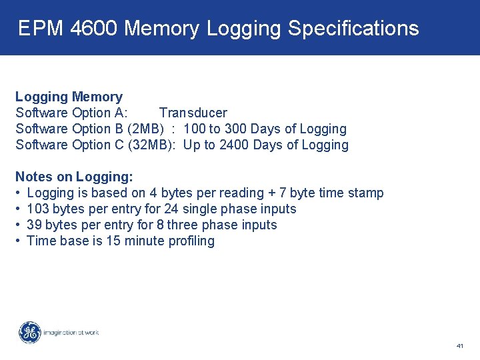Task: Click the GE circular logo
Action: click(29, 332)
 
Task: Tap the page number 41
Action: click(460, 346)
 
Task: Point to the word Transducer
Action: click(193, 113)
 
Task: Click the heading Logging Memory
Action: click(69, 97)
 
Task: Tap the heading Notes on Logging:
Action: click(74, 177)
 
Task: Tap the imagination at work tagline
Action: click(71, 332)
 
